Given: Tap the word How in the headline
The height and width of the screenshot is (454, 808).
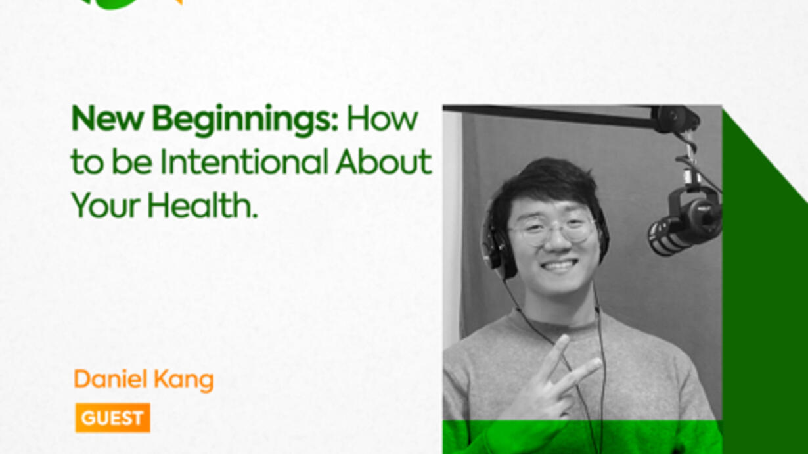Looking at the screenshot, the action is tap(382, 118).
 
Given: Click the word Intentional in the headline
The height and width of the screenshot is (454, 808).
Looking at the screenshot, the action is tap(244, 162).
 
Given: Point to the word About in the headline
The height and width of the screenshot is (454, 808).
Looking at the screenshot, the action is tap(384, 162).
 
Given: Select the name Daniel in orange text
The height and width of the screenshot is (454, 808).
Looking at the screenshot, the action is tap(110, 379).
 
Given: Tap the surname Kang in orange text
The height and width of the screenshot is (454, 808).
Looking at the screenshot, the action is tap(183, 380).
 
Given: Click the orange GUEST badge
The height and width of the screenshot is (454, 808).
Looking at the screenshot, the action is tap(112, 418).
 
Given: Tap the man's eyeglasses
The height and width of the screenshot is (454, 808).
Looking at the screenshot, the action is tap(551, 229).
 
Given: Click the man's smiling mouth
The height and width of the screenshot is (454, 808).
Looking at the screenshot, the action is tap(558, 265).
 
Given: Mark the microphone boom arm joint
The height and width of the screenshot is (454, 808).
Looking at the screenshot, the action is tap(677, 120).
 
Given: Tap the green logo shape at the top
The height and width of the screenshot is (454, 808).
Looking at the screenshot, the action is tap(111, 3).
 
